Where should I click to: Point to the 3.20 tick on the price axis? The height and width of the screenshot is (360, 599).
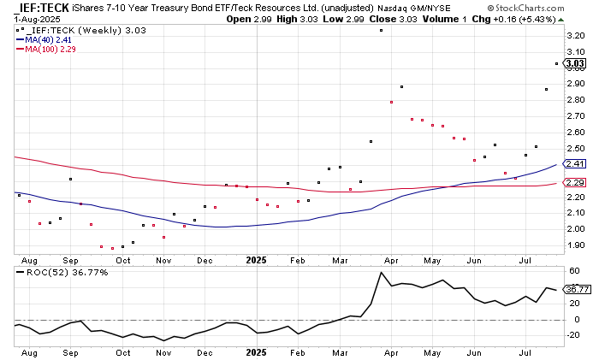coord(575,36)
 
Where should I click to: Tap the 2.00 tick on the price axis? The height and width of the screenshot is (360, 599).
coord(575,229)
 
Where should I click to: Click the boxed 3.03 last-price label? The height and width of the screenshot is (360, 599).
coord(575,63)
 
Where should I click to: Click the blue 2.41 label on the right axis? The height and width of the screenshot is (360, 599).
coord(575,163)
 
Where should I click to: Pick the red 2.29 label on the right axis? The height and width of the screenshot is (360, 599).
coord(575,183)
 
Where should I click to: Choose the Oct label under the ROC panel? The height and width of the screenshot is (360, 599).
coord(123,351)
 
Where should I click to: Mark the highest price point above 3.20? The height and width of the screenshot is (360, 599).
coord(381,31)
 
